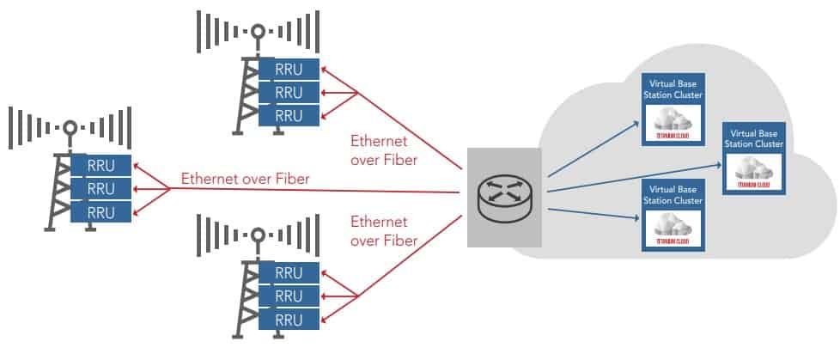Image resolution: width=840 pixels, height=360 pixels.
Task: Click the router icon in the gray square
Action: pyautogui.click(x=504, y=197)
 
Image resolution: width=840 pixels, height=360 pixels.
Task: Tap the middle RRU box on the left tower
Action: pyautogui.click(x=101, y=189)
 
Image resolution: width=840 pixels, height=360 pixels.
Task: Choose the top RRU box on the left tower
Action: pyautogui.click(x=101, y=166)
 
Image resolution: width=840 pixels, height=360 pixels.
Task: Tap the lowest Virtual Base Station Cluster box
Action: pyautogui.click(x=674, y=215)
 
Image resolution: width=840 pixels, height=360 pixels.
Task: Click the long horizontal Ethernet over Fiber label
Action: pyautogui.click(x=245, y=179)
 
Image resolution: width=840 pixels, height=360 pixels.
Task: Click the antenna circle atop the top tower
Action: pyautogui.click(x=256, y=32)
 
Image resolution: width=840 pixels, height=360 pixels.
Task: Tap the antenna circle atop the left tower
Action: pyautogui.click(x=70, y=128)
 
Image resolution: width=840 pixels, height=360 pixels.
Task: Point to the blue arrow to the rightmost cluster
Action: pyautogui.click(x=636, y=175)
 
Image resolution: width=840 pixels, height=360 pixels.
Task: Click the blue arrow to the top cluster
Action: pyautogui.click(x=593, y=150)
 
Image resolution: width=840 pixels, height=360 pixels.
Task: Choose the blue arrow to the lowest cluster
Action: pyautogui.click(x=593, y=212)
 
